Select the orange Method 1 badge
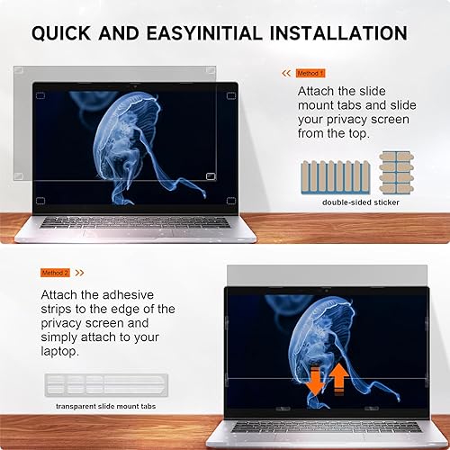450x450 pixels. pyautogui.click(x=310, y=72)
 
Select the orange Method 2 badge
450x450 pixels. pyautogui.click(x=54, y=272)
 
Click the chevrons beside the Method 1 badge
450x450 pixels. pyautogui.click(x=287, y=72)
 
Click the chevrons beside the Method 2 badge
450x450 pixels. pyautogui.click(x=79, y=272)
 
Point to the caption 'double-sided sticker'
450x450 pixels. pyautogui.click(x=360, y=202)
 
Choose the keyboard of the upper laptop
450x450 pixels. pyautogui.click(x=133, y=221)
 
